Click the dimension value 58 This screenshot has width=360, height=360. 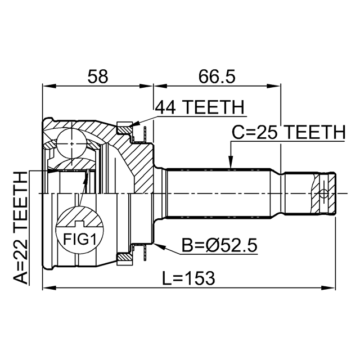coord(97,76)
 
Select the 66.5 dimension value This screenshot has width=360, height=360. coord(217,76)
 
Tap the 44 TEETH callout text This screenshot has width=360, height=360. coord(199,107)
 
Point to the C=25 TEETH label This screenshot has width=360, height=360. coord(289,133)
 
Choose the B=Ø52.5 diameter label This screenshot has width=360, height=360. coord(219,245)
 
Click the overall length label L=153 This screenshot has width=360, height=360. coord(188,278)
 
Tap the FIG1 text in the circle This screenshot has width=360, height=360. coord(79,239)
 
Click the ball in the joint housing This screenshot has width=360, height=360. coord(71,143)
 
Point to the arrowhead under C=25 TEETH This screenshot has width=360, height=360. coord(231,162)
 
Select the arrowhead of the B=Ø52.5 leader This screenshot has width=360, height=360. coord(159,246)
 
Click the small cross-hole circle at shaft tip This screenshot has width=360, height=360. coord(324,193)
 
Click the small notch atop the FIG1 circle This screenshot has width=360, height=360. coord(80,222)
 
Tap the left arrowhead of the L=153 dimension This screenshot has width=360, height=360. coord(49,288)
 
